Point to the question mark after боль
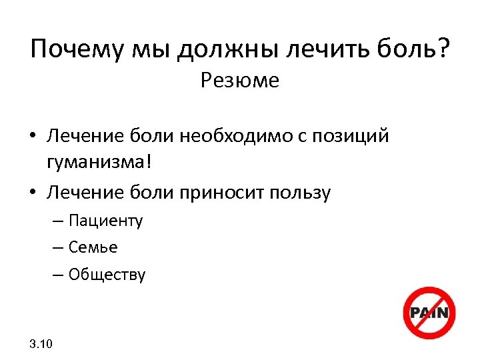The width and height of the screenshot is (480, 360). click(441, 49)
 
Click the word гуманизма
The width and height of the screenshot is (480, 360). click(101, 161)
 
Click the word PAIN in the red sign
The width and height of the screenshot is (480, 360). click(429, 313)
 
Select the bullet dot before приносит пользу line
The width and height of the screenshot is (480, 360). click(33, 193)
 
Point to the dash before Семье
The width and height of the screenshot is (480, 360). click(74, 247)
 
